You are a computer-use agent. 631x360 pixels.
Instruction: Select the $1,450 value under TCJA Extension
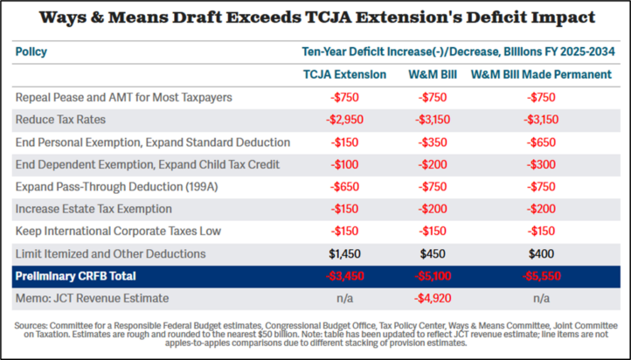click(x=343, y=253)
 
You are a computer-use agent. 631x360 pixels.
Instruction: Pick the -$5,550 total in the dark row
click(x=543, y=276)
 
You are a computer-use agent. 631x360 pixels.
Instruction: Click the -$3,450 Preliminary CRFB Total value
click(x=343, y=276)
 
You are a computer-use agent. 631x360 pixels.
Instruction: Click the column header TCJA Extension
click(x=343, y=74)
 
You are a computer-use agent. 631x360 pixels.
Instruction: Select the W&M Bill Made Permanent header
click(x=543, y=74)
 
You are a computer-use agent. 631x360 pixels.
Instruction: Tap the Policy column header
click(x=31, y=52)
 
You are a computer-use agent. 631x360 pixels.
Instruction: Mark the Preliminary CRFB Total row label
click(x=76, y=276)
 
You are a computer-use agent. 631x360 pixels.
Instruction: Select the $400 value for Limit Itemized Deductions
click(x=543, y=253)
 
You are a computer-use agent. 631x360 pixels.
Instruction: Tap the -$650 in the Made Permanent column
click(x=543, y=141)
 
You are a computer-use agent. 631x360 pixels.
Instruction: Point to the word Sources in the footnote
click(x=33, y=325)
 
